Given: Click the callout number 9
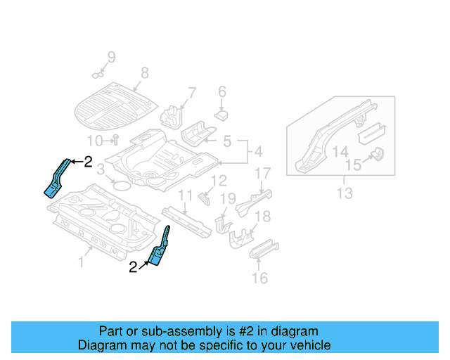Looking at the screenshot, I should (110, 57).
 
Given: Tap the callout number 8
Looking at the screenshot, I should (144, 72).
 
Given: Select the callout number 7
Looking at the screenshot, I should (191, 93).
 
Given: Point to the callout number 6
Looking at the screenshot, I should (221, 91).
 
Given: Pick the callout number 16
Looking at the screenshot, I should (259, 278).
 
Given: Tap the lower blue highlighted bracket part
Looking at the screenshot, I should (160, 250).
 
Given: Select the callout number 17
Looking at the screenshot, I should (262, 173).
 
